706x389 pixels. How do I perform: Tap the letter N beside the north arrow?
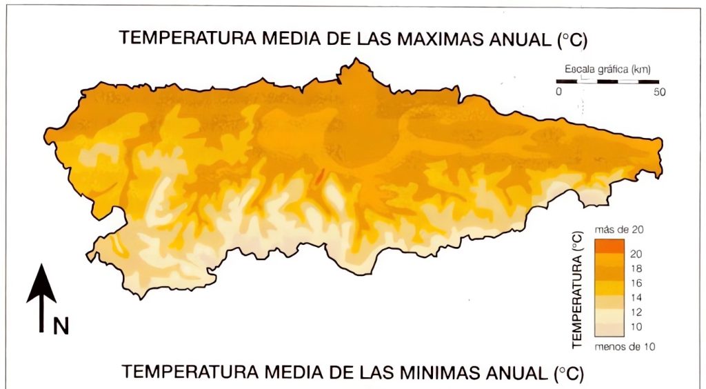point(61,326)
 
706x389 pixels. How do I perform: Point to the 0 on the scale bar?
point(559,92)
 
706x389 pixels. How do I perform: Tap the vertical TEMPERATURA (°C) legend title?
point(578,290)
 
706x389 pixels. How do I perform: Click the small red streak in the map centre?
point(319,175)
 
